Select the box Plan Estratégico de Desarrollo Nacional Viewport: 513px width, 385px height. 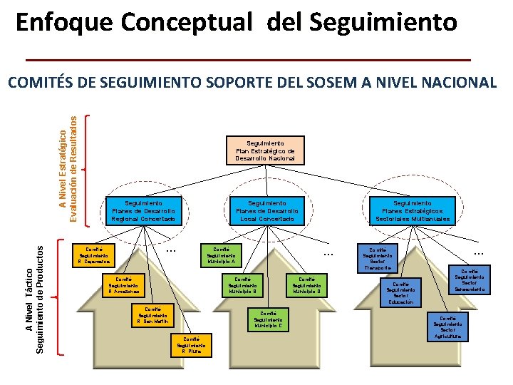click(x=265, y=150)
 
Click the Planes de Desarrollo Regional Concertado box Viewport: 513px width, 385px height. click(x=143, y=211)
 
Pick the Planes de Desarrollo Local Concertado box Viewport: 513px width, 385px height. click(x=267, y=211)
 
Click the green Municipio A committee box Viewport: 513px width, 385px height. click(x=221, y=255)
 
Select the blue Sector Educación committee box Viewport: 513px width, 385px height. click(x=401, y=293)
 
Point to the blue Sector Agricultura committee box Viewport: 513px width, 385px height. click(x=448, y=327)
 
